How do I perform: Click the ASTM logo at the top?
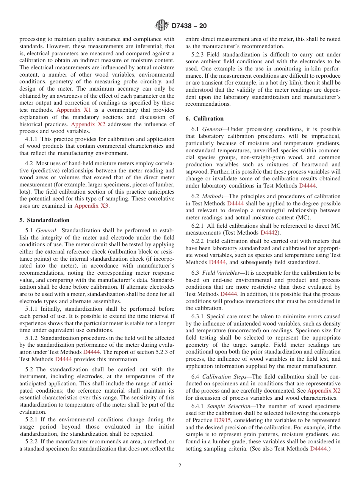point(162,26)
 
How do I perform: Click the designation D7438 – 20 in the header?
point(189,26)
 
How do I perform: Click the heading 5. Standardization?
point(44,220)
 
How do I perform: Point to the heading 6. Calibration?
point(205,119)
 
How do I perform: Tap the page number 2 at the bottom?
point(180,466)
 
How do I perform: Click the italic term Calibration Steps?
point(226,376)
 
